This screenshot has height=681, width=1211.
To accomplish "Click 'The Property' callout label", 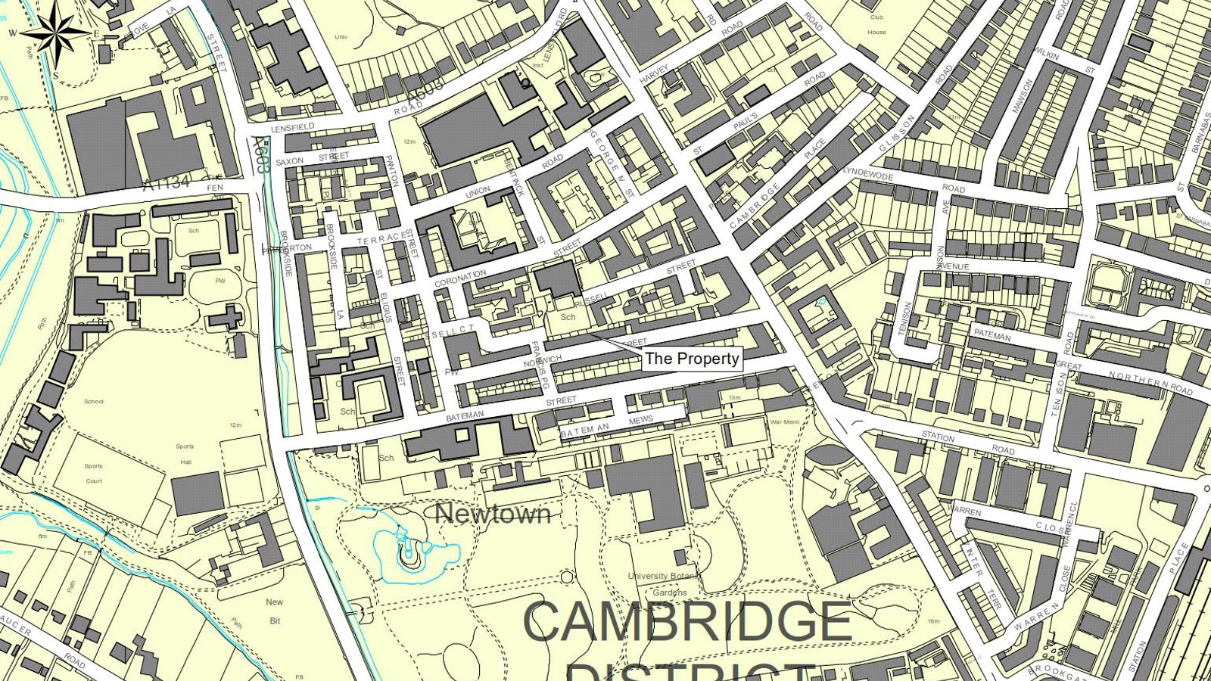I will pos(692,359).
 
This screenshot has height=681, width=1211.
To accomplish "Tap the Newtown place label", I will pos(493,514).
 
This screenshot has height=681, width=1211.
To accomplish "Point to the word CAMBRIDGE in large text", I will pos(687,622).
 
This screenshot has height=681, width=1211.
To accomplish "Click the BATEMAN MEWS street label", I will pos(606,426).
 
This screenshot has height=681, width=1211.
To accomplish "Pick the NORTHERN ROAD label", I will pos(1150,384).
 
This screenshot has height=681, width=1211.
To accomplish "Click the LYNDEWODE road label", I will pos(868,174).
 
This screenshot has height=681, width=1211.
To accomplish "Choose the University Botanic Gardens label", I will pos(663,584).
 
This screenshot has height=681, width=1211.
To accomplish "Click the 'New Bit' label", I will pos(274,611).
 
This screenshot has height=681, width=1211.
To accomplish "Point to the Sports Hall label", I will pos(185,454).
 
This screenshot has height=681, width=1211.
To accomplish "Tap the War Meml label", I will pos(784,422).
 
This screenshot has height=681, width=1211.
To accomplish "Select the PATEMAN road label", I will pos(992,335).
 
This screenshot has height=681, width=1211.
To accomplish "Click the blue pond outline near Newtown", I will pos(412,556).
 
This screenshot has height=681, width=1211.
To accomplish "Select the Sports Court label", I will pos(94,474).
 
